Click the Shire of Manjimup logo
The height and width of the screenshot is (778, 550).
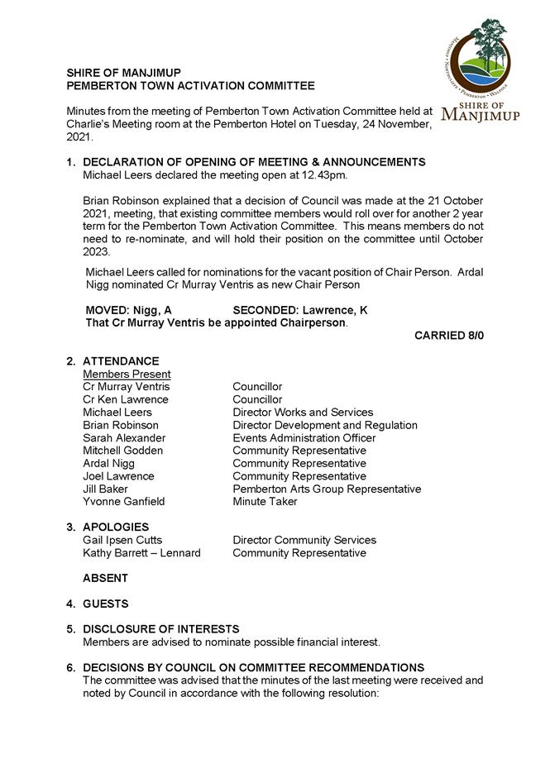point(481,70)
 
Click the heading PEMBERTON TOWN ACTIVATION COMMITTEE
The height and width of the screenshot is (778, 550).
point(190,86)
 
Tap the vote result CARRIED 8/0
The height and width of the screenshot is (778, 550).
point(448,336)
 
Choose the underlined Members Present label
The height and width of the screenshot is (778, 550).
point(127,374)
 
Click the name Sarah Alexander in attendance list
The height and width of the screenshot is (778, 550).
point(124,437)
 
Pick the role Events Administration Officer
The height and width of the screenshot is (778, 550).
point(304,437)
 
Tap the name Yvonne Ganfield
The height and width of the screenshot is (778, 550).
point(124,501)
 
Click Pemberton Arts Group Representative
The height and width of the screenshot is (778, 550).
point(327,489)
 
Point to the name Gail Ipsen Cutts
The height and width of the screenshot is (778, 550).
point(122,540)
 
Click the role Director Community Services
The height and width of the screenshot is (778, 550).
point(304,540)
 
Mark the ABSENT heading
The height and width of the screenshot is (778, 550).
point(105,578)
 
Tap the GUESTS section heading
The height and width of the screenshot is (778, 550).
point(105,604)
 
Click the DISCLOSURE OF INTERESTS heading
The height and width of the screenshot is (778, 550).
point(160,629)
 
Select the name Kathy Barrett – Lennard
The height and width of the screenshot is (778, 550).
point(141,552)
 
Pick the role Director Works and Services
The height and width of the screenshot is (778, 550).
point(302,412)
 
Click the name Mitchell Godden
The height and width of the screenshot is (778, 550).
point(122,451)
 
